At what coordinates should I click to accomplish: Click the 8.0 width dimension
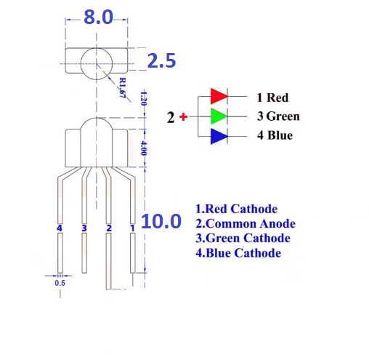tap(98, 17)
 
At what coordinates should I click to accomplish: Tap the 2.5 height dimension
tap(161, 60)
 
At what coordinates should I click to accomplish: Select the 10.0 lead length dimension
tap(161, 221)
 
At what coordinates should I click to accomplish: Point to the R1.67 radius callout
tap(123, 88)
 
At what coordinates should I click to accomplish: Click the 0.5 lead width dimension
tap(60, 283)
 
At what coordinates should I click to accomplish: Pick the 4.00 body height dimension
tap(144, 148)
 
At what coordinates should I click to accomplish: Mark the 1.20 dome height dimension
tap(144, 98)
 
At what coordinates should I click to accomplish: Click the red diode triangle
tap(219, 96)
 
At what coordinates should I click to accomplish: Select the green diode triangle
tap(219, 116)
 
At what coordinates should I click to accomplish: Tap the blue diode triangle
tap(219, 136)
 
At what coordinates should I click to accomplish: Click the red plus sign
tap(183, 117)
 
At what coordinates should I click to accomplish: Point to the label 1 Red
tap(272, 97)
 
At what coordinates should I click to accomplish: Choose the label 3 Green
tap(278, 116)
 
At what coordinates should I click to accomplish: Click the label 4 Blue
tap(275, 135)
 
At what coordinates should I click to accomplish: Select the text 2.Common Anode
tap(246, 223)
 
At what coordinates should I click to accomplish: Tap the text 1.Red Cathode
tap(237, 209)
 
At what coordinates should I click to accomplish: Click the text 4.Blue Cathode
tap(238, 253)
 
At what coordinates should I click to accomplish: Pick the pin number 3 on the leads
tap(84, 228)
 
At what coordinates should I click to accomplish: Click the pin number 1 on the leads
tap(132, 228)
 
